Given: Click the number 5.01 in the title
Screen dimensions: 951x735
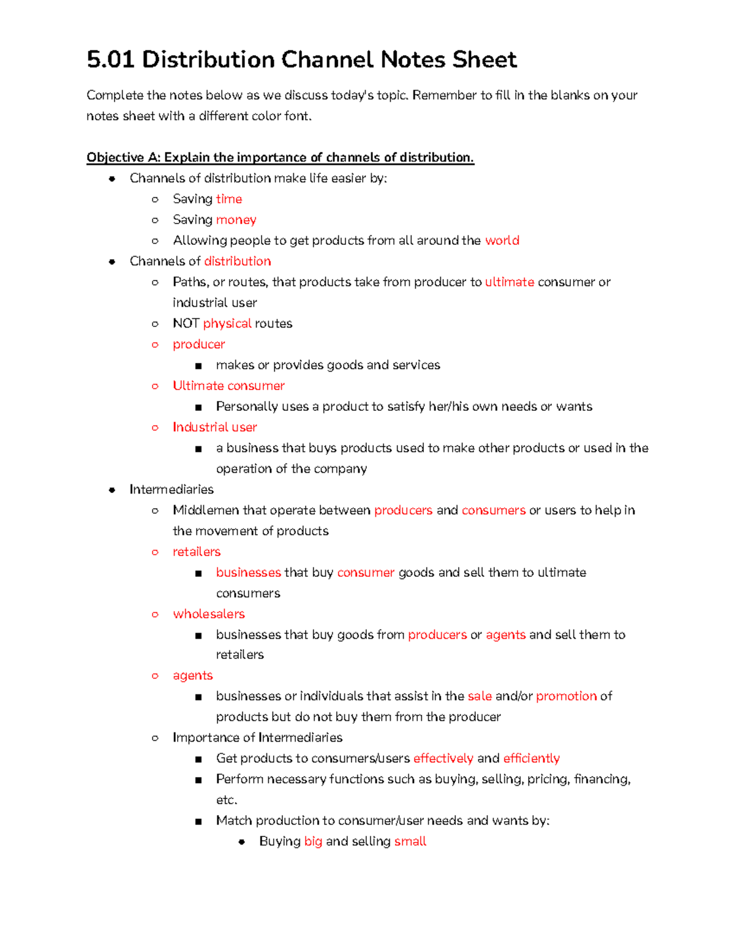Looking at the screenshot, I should coord(111,60).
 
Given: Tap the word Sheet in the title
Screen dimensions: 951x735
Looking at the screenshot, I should coord(484,60).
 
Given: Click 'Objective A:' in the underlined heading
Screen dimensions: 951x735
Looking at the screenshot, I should coord(123,157).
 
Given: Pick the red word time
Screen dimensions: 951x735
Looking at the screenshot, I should coord(228,199).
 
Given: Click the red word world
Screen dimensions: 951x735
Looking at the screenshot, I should coord(502,241).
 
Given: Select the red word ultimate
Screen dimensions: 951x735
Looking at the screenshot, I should coord(509,282).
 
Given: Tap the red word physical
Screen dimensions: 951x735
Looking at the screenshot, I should coord(227,323).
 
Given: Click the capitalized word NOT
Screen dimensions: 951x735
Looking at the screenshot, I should coord(186,323).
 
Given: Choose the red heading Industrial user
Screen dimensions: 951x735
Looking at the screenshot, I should coord(214,427).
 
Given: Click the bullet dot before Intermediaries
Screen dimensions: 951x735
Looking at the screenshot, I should coord(111,490).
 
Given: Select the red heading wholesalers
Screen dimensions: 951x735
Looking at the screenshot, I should coord(208,614).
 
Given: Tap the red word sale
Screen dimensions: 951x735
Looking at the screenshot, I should coord(480,696).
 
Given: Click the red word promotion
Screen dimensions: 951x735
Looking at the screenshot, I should coord(566,696).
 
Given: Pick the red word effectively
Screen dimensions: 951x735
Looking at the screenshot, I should coord(443,759).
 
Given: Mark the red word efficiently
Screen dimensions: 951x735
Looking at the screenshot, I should coord(531,759).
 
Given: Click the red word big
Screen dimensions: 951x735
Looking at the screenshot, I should coord(313,841).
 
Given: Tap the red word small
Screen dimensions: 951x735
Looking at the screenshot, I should coord(410,841).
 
